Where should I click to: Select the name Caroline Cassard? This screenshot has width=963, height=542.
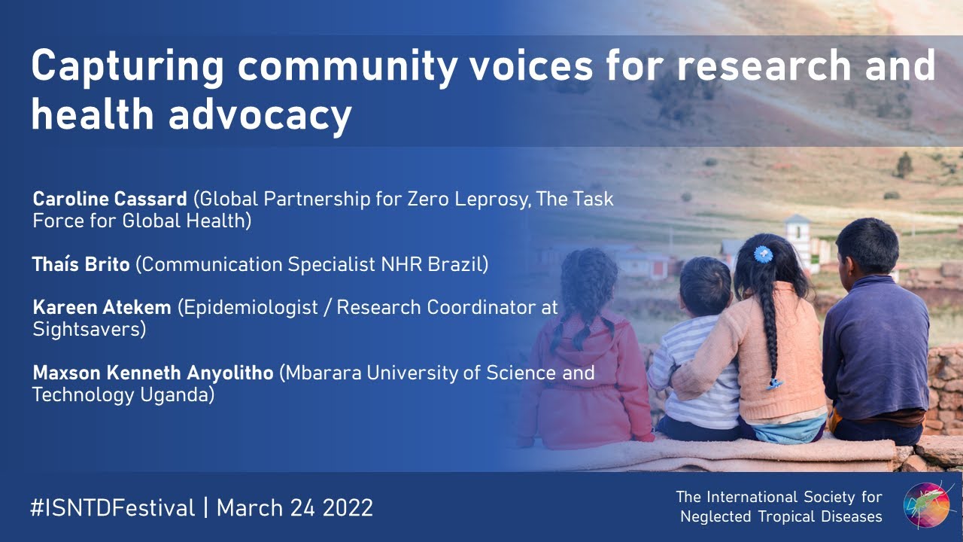tap(110, 199)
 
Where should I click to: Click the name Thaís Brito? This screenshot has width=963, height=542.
tap(81, 265)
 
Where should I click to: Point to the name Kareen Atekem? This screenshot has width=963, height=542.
tap(102, 308)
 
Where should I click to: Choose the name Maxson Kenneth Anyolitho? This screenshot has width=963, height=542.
tap(153, 373)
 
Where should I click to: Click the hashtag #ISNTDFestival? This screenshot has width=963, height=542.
tap(113, 507)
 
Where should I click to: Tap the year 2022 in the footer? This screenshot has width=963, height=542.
tap(348, 507)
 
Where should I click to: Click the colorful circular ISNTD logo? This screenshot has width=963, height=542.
tap(926, 505)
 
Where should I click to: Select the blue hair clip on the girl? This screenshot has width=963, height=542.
tap(764, 254)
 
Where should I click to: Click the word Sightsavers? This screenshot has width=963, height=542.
tap(89, 330)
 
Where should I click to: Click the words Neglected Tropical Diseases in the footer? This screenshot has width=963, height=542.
tap(781, 516)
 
